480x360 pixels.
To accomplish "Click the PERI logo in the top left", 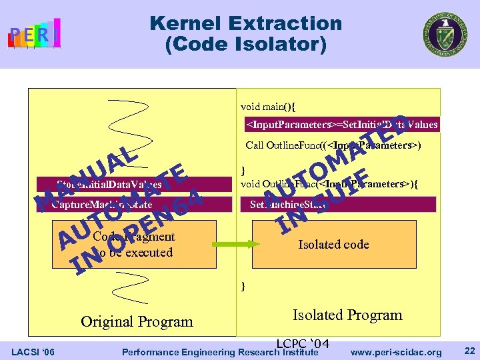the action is pyautogui.click(x=34, y=33).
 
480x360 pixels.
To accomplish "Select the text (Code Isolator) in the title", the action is pyautogui.click(x=245, y=45).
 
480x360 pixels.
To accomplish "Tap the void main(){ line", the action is pyautogui.click(x=268, y=106).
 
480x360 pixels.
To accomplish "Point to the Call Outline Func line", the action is pyautogui.click(x=333, y=145).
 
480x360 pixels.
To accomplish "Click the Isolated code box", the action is pyautogui.click(x=333, y=244).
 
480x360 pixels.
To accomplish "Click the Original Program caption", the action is pyautogui.click(x=137, y=321).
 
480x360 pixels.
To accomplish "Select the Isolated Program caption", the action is pyautogui.click(x=347, y=315).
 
